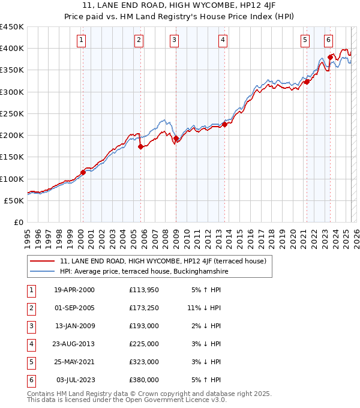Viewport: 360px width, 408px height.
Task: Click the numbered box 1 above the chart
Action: point(81,40)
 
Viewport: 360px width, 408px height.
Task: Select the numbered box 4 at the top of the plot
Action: point(223,40)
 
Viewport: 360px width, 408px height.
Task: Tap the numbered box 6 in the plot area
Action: point(329,40)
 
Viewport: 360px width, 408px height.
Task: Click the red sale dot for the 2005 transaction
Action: point(140,146)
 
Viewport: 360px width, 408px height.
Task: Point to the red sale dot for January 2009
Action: point(176,138)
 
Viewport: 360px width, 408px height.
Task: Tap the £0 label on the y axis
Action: point(18,223)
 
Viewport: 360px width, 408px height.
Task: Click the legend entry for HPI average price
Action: point(144,271)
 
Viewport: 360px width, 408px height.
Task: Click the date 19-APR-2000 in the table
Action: point(74,290)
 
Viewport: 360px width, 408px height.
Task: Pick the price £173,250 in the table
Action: point(143,308)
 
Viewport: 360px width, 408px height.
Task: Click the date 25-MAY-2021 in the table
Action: point(74,362)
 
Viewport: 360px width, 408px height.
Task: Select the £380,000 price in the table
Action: point(143,380)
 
